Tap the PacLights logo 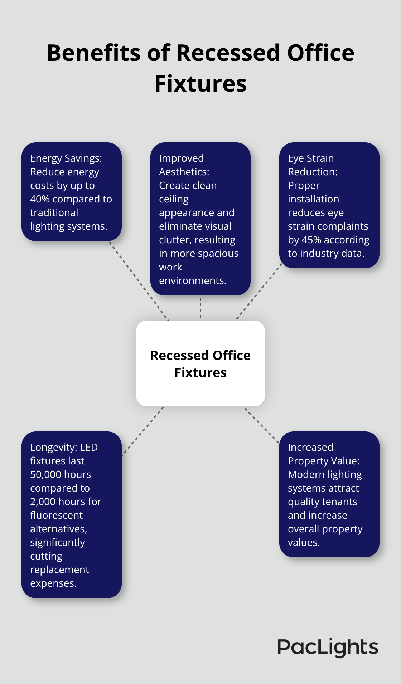pos(328,647)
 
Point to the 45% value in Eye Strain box pos(311,240)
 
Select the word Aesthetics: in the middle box pos(184,172)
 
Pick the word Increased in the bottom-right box pos(310,447)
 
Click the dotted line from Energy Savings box pos(139,280)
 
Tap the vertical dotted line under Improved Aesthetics pos(200,308)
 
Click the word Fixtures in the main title pos(200,84)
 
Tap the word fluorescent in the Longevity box pos(56,515)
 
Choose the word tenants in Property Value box pos(339,502)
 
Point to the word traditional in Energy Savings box pos(54,212)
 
